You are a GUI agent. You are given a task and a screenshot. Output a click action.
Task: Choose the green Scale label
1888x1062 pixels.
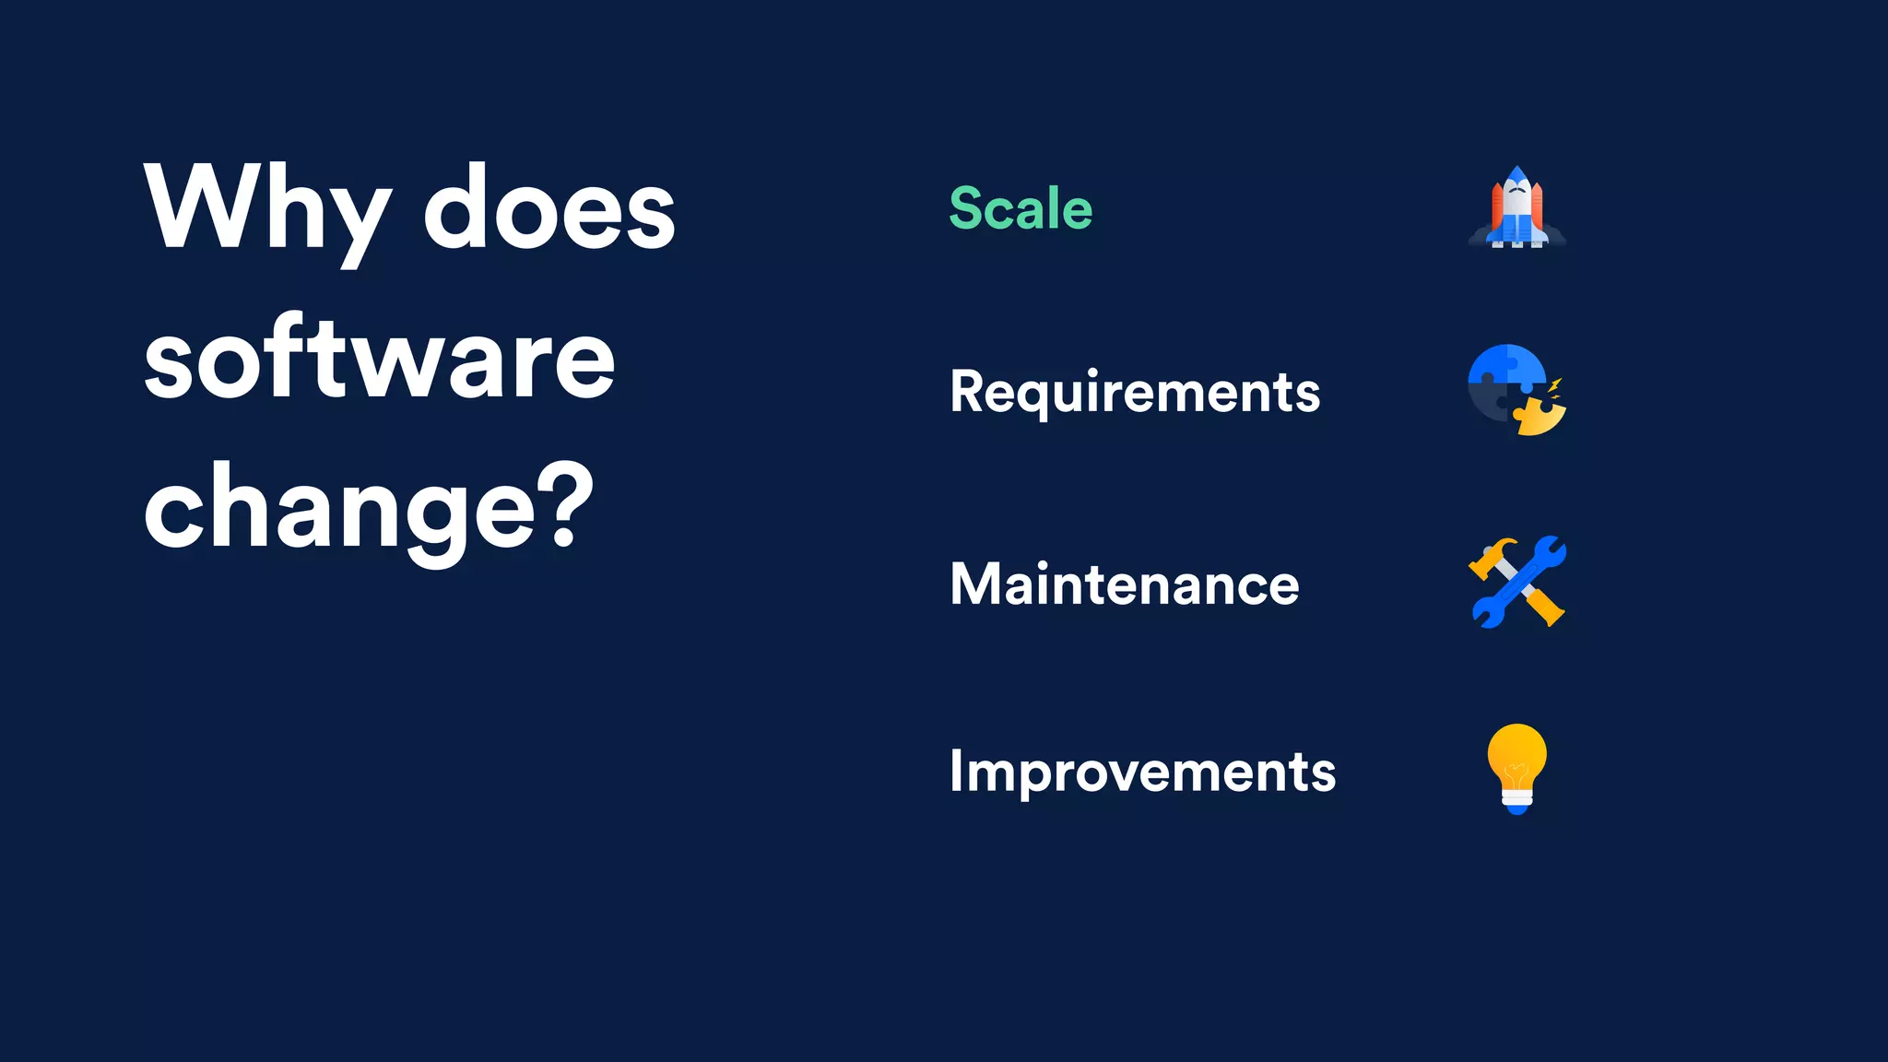pyautogui.click(x=1021, y=208)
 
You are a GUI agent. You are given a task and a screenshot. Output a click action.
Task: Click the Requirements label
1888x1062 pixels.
pyautogui.click(x=1135, y=393)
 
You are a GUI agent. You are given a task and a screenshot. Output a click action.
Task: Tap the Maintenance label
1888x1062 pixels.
pyautogui.click(x=1124, y=584)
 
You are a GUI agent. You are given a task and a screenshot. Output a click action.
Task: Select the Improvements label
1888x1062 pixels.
pyautogui.click(x=1142, y=772)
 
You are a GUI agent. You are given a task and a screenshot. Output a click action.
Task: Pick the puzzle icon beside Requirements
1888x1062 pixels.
pyautogui.click(x=1516, y=389)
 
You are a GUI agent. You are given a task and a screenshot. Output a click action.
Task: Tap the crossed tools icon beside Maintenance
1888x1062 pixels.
pyautogui.click(x=1516, y=582)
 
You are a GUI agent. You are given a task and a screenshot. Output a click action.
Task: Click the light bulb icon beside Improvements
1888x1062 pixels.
pyautogui.click(x=1516, y=768)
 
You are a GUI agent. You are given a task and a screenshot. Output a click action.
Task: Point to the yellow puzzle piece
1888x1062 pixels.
pyautogui.click(x=1540, y=417)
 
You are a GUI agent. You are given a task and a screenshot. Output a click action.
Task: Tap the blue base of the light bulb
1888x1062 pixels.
pyautogui.click(x=1516, y=808)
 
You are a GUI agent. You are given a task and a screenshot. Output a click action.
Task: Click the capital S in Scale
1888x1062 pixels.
pyautogui.click(x=967, y=208)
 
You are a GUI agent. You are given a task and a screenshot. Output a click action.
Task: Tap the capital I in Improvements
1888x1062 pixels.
pyautogui.click(x=956, y=771)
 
